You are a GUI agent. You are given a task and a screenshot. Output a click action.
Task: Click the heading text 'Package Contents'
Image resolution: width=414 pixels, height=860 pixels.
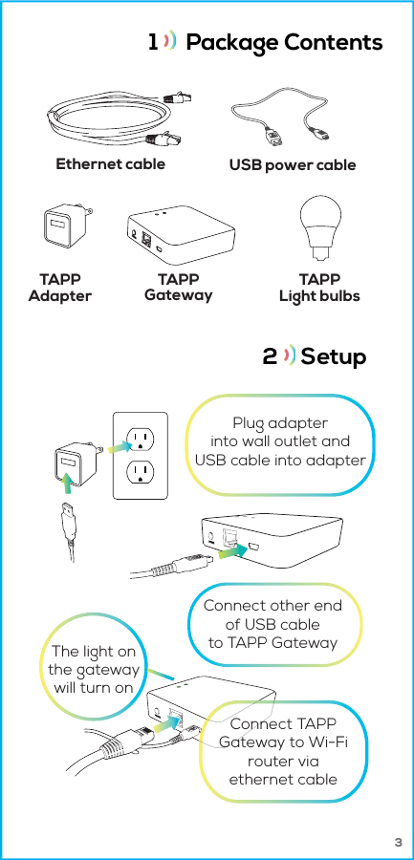284,43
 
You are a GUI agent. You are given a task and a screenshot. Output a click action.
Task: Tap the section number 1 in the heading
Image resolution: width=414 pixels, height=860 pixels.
152,43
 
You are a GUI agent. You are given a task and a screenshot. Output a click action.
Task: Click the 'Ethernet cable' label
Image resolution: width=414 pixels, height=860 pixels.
110,163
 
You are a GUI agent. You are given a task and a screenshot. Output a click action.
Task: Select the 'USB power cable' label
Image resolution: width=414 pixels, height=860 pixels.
292,164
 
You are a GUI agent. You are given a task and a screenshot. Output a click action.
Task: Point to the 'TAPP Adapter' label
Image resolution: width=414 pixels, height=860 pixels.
59,287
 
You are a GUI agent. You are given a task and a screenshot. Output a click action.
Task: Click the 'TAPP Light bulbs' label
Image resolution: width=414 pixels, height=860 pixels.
319,287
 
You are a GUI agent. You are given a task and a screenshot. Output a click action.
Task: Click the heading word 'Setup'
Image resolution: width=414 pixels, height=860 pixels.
333,356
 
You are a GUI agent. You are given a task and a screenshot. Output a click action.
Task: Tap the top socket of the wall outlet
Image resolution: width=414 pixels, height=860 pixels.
141,439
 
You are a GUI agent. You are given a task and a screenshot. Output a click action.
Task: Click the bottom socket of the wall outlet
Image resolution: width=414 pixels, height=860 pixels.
141,472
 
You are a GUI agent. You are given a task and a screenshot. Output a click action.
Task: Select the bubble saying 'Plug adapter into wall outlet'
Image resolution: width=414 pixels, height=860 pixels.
280,442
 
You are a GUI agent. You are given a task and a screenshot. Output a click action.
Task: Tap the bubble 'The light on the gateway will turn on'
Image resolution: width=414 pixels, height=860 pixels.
93,670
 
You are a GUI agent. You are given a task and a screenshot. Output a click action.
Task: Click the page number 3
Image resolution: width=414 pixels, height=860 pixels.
398,844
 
